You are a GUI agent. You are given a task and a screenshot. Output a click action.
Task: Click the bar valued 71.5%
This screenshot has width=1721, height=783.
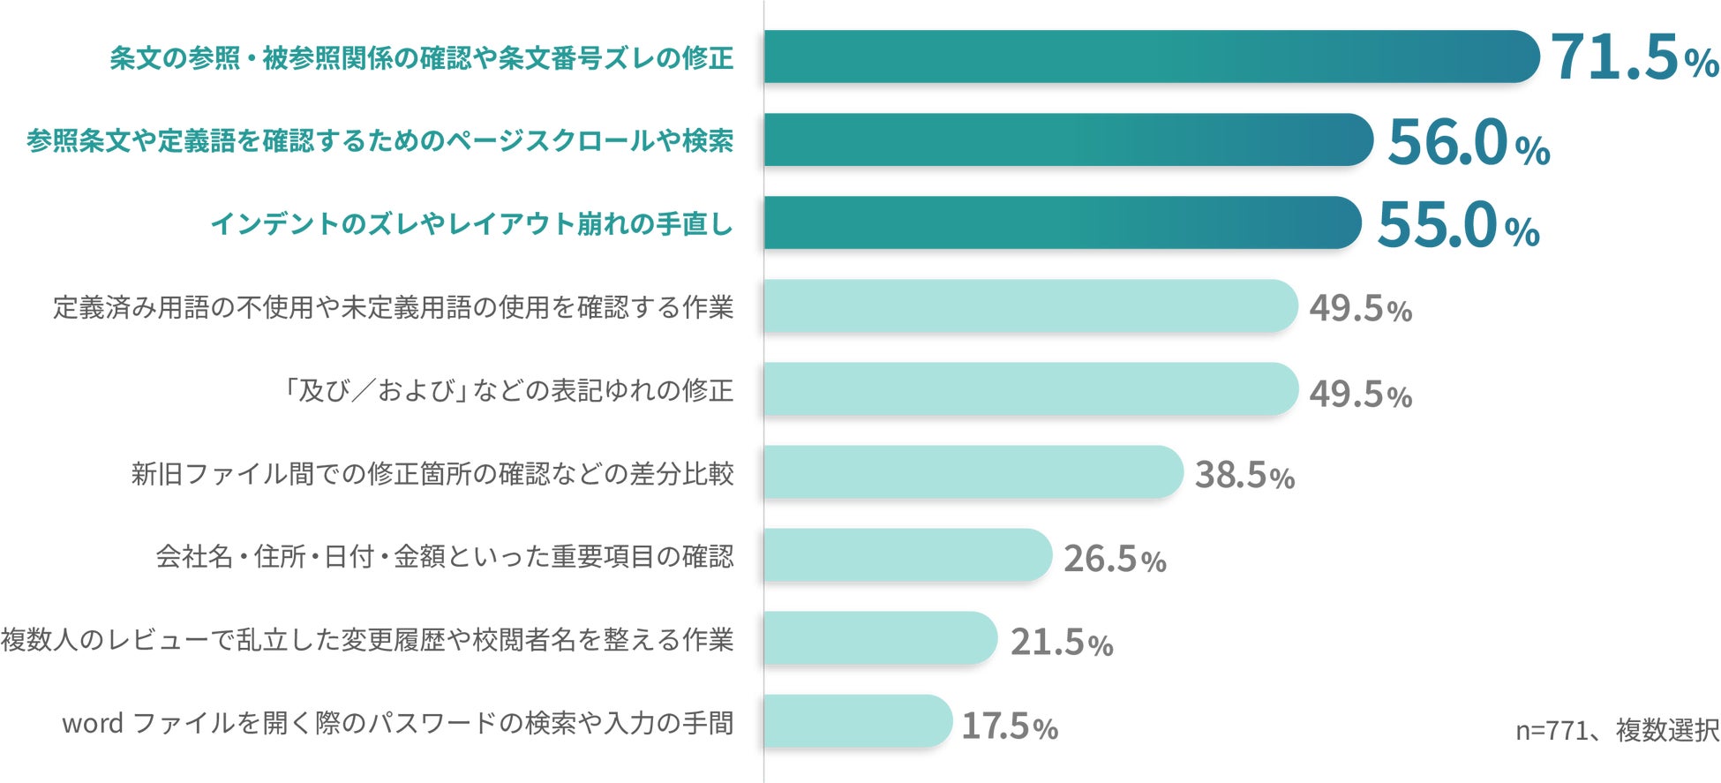pos(1152,56)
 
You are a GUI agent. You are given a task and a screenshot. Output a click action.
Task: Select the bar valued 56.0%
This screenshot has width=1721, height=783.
pos(1069,139)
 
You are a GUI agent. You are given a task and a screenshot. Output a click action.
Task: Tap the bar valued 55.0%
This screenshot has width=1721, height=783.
pos(1063,222)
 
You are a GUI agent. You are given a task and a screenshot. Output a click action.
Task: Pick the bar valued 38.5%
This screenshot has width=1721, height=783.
pos(973,471)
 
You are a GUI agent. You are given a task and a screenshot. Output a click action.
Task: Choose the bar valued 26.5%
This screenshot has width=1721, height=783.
pos(908,554)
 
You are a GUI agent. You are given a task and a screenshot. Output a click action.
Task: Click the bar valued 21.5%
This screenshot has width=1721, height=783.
pos(881,637)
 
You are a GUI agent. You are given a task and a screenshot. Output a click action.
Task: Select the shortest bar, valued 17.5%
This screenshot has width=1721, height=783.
pos(859,720)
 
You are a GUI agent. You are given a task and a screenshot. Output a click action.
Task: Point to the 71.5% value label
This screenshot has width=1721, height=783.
pos(1635,57)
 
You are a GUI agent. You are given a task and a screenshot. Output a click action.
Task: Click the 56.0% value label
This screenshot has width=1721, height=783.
pos(1469,141)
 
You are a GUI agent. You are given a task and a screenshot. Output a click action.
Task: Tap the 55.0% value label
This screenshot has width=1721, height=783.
pos(1458,224)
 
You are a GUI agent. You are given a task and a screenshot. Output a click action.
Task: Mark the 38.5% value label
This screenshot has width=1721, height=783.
pos(1244,475)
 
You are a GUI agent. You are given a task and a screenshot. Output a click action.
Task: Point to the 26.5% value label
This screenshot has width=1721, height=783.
pos(1115,559)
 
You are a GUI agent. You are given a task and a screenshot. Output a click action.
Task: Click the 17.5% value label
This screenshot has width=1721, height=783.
pos(1010,727)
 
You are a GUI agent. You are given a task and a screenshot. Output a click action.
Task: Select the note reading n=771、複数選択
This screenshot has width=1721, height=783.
pos(1617,730)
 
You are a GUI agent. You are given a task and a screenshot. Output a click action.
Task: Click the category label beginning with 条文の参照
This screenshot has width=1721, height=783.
pos(422,58)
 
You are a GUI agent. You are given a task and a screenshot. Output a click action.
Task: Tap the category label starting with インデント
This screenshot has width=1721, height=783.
pos(472,224)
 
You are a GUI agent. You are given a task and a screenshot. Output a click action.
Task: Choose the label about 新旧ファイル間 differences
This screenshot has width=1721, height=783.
pos(432,474)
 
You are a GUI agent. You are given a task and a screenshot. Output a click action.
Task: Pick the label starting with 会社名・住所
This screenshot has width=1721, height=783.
pos(445,557)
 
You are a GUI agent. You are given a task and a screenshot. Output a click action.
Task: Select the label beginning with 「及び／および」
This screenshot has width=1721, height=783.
pos(507,390)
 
